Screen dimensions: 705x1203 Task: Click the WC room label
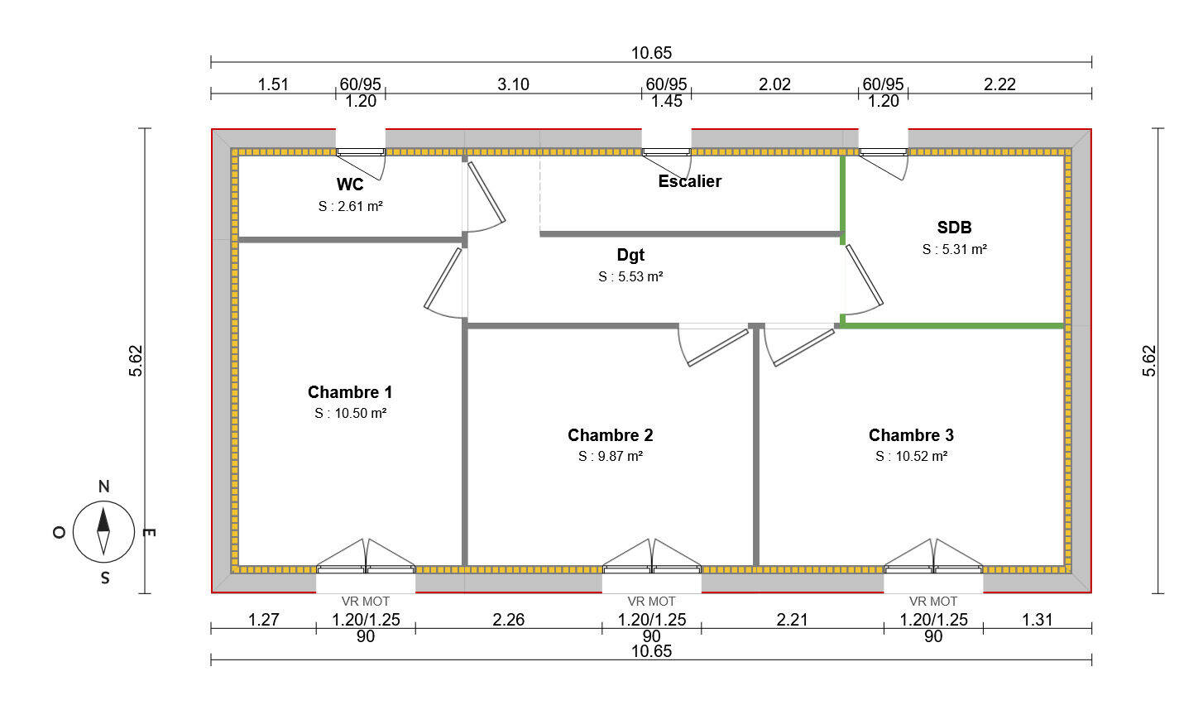[350, 185]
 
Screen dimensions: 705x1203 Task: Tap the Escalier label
[689, 181]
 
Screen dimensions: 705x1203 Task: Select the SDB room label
[954, 228]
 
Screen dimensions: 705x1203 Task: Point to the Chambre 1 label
[350, 392]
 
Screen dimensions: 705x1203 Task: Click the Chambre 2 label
[611, 435]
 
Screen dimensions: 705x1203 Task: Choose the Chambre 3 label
[911, 435]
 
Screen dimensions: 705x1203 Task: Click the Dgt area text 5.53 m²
[630, 277]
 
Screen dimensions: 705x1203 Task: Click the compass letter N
[104, 487]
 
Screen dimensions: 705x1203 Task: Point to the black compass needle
[103, 520]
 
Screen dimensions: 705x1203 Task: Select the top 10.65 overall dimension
[651, 53]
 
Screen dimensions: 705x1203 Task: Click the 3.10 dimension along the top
[513, 84]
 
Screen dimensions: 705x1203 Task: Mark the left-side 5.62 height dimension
[137, 361]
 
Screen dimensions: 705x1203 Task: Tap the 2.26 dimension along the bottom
[508, 620]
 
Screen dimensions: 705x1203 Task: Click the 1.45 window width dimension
[666, 102]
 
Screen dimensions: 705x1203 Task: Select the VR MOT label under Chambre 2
[651, 602]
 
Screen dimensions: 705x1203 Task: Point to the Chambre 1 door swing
[443, 281]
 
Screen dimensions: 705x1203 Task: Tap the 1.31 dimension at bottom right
[1037, 620]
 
